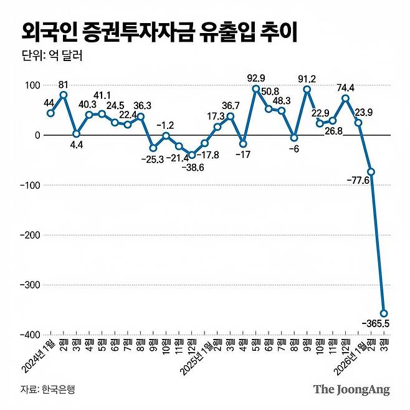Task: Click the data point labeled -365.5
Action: point(384,313)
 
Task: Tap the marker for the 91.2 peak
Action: point(307,89)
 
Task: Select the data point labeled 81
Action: point(64,95)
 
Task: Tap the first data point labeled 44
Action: point(50,113)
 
